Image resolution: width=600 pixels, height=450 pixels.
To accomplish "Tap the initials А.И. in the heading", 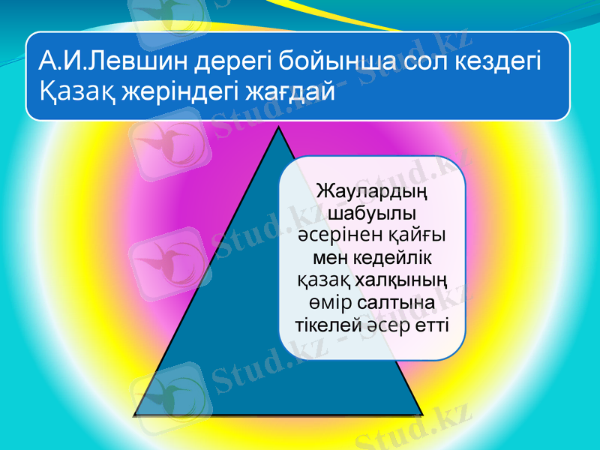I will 60,60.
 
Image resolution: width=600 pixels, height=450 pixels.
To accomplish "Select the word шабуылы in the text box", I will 372,214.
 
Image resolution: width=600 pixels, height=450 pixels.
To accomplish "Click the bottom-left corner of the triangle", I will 135,414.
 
